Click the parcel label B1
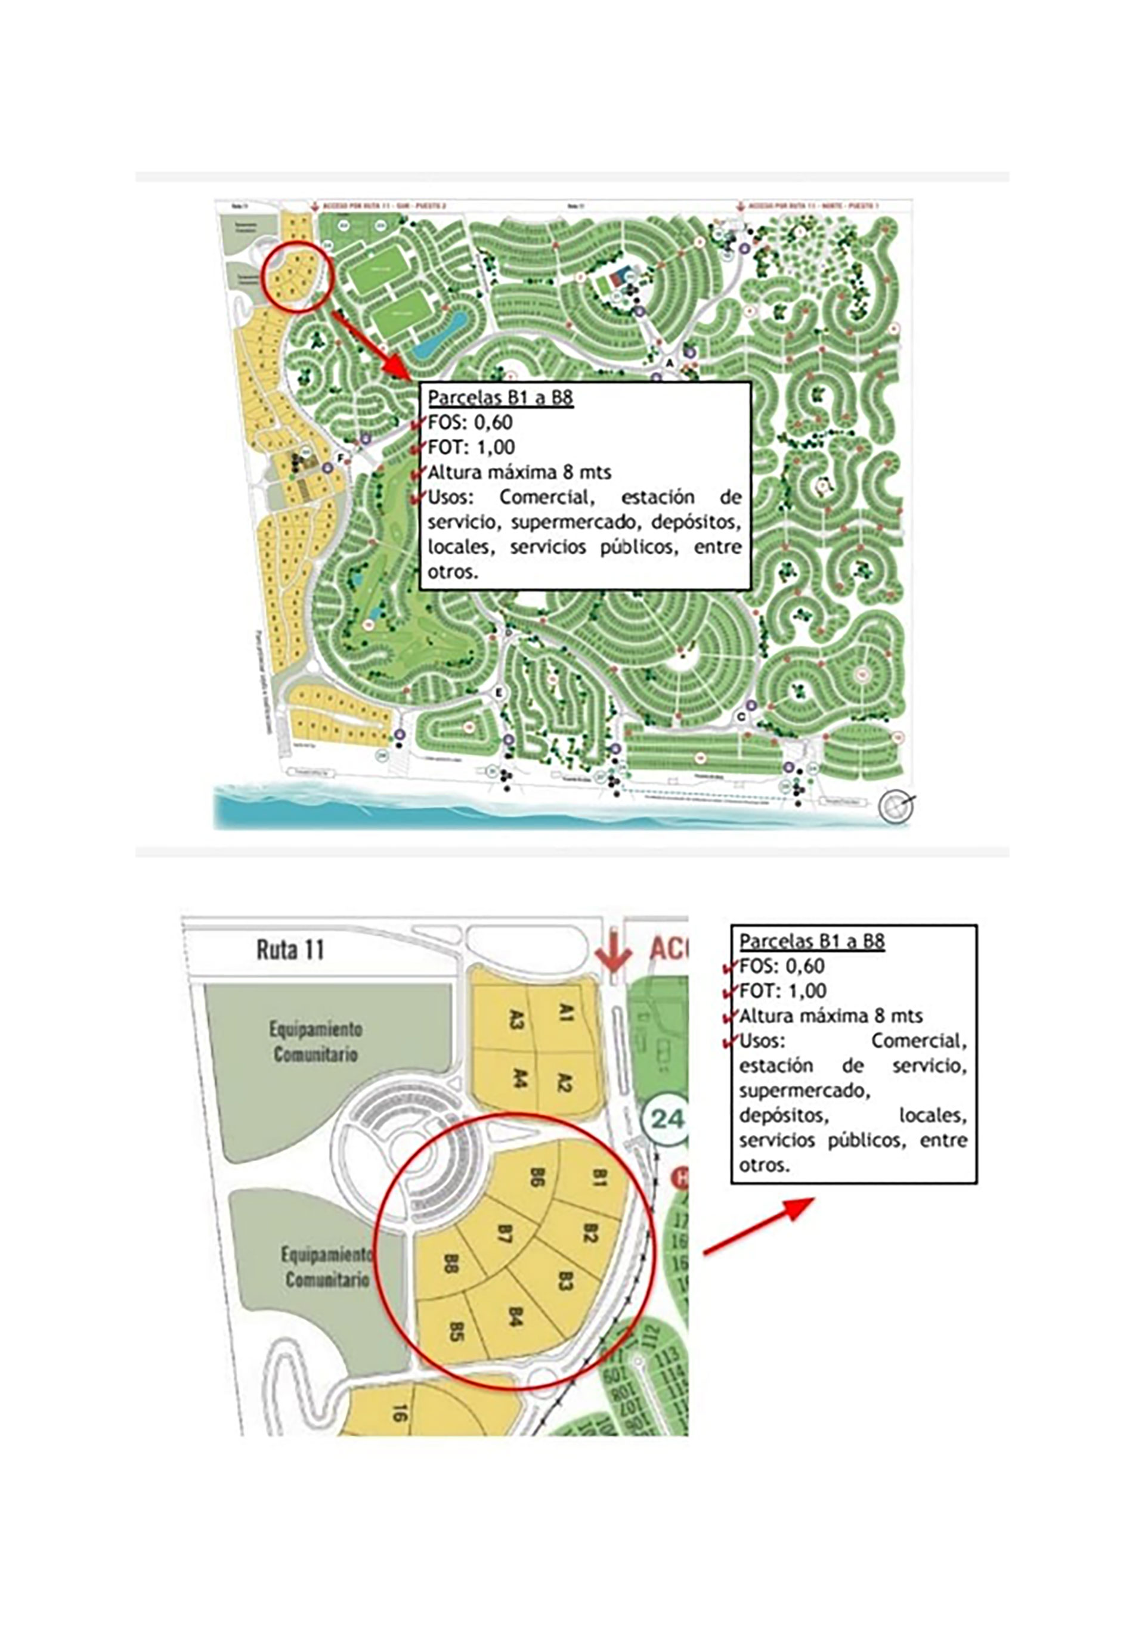tap(599, 1178)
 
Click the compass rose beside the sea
tap(893, 806)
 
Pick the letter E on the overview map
tap(500, 691)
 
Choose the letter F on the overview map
tap(340, 458)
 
